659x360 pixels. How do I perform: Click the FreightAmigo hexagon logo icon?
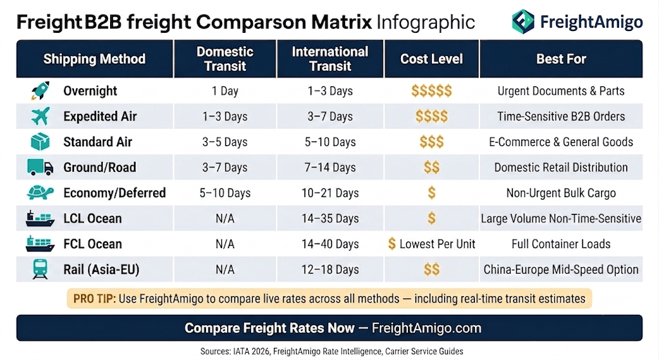pos(523,21)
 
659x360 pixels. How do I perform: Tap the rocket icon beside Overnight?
pos(41,90)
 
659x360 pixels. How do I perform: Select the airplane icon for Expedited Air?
pos(41,116)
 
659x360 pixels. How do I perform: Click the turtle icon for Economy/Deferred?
pos(41,193)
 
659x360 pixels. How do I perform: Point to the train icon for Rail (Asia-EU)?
pos(41,269)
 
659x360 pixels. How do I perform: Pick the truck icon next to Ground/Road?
pos(41,167)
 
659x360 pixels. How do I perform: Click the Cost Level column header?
pos(431,59)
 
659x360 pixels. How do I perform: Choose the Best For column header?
pos(561,59)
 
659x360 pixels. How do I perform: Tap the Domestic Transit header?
pos(225,59)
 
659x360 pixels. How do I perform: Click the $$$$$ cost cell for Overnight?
pos(432,91)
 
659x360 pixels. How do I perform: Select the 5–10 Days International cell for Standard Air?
pos(330,142)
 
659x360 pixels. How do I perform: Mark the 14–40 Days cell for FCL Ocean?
pos(330,244)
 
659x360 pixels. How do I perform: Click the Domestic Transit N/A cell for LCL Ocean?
pos(225,219)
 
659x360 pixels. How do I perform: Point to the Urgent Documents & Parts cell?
pos(561,91)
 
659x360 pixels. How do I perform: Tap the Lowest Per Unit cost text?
pos(437,244)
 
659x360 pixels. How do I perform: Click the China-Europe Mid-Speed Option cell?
pos(561,270)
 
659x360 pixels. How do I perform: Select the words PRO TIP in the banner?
pos(94,299)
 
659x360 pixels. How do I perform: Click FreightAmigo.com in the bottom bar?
pos(427,328)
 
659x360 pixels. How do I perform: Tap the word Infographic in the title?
pos(426,23)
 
